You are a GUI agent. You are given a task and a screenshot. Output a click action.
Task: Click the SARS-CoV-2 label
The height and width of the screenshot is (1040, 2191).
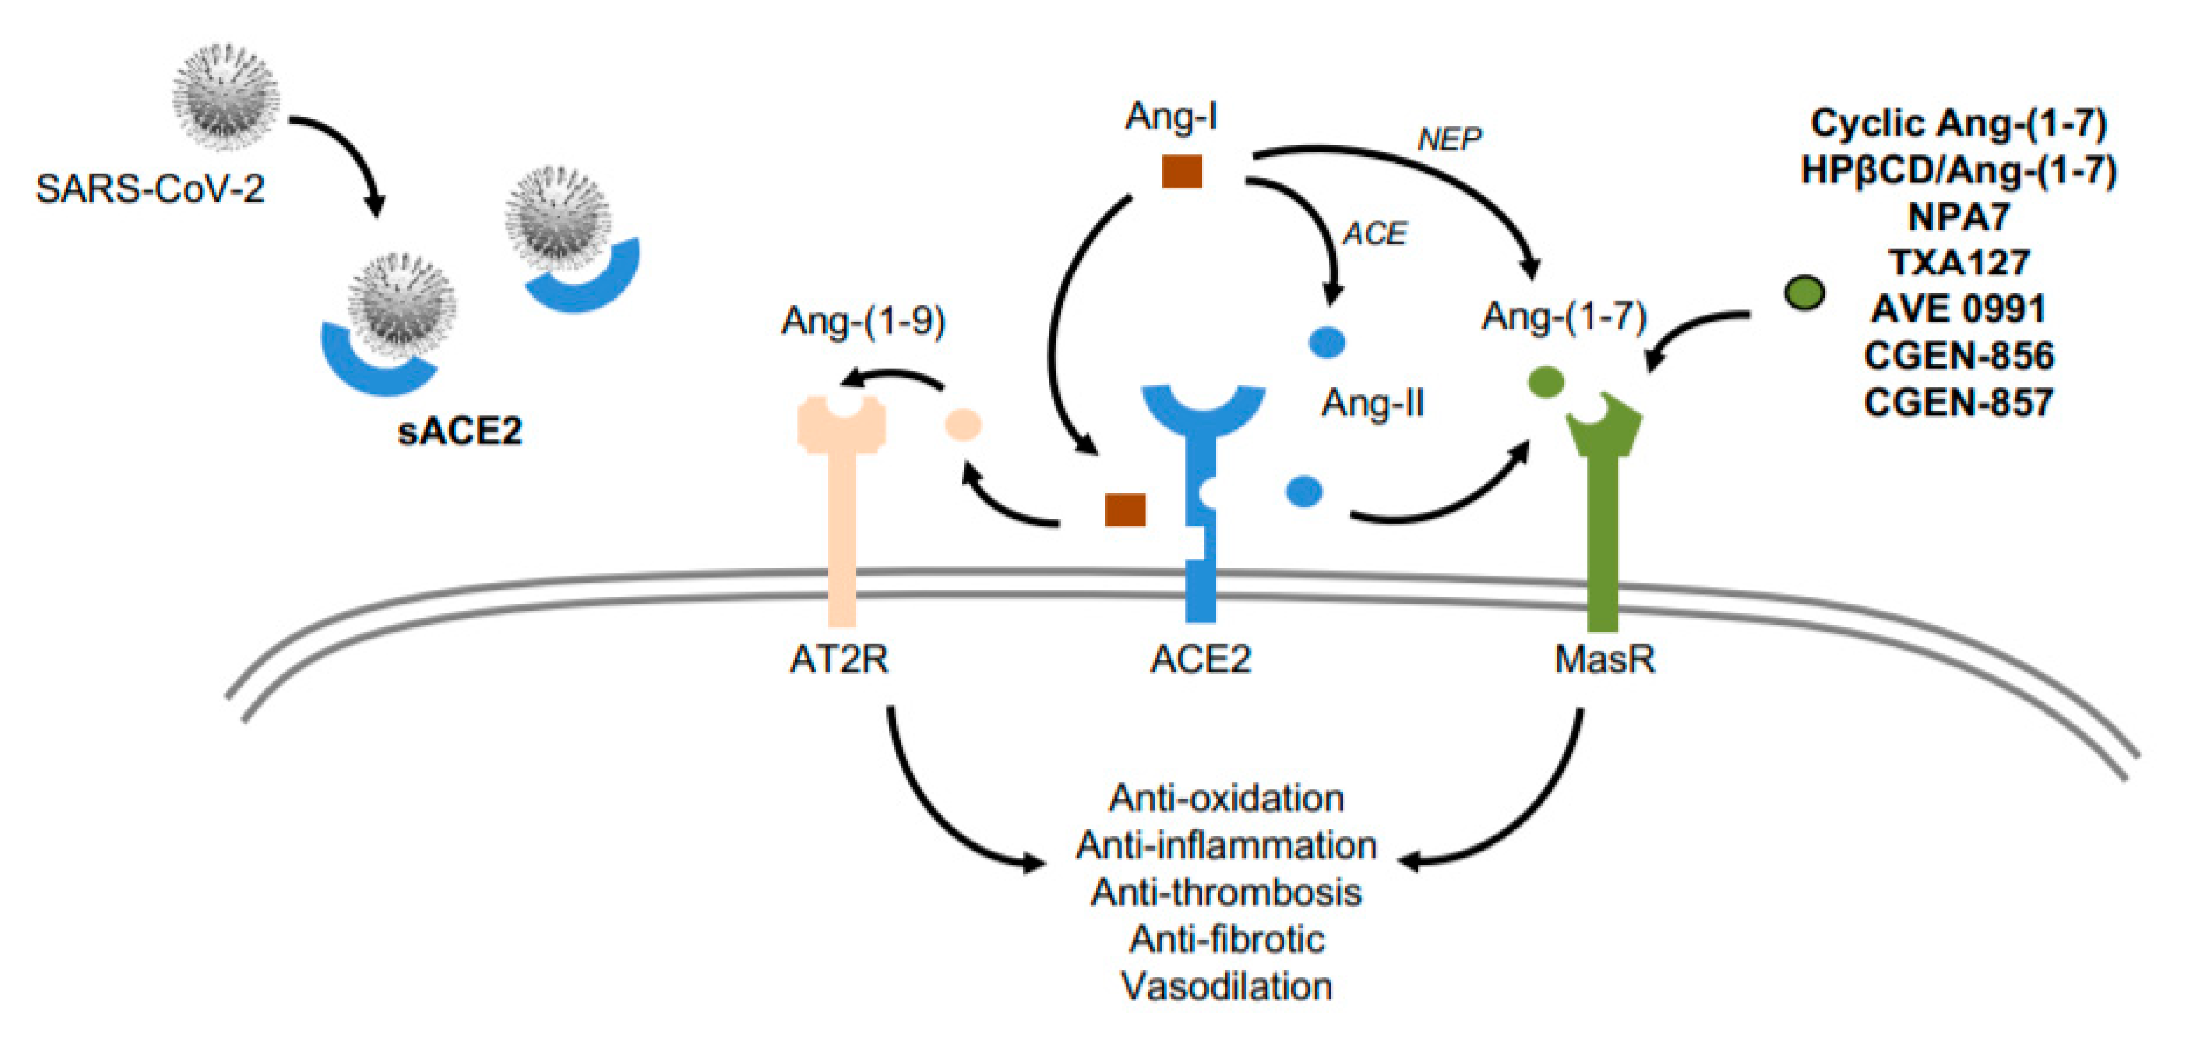point(150,188)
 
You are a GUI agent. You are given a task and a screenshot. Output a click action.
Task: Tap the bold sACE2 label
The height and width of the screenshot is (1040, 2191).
point(460,431)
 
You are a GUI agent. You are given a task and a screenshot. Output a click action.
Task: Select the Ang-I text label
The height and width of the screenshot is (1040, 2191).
point(1171,117)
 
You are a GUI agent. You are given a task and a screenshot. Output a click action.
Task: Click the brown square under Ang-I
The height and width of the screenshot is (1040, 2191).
point(1182,171)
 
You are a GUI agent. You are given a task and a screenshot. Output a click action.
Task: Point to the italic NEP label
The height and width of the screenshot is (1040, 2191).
point(1449,138)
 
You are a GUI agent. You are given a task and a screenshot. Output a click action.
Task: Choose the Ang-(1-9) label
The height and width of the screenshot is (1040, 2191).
point(864,322)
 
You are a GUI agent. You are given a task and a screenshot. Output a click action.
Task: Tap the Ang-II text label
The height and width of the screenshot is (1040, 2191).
point(1373,403)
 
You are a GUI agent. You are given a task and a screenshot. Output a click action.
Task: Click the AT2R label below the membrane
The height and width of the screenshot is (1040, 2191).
point(839,659)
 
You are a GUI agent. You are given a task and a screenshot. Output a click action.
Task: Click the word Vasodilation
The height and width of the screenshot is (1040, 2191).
point(1227,986)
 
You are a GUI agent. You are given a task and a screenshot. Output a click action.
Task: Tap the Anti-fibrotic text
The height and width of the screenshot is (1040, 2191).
point(1227,940)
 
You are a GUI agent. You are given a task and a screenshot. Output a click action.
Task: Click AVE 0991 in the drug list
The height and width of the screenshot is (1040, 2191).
point(1959,309)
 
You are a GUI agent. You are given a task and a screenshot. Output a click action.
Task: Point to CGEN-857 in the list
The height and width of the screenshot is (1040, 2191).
point(1959,402)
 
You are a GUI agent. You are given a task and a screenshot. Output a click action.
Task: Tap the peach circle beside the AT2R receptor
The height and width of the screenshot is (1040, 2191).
point(964,424)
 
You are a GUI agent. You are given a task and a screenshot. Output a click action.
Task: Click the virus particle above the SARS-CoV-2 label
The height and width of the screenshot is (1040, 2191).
point(225,96)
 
